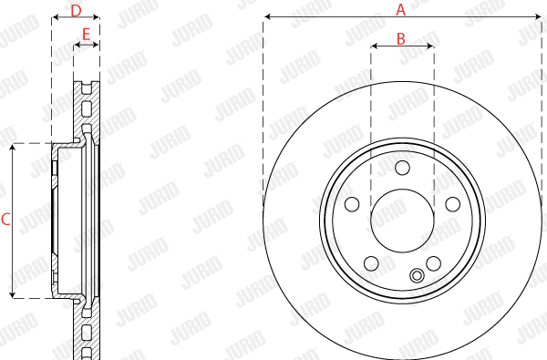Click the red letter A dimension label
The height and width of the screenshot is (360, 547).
[399, 9]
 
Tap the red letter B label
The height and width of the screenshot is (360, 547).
[400, 38]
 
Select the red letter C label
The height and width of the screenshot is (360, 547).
[5, 220]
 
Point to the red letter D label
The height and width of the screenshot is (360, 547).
[77, 10]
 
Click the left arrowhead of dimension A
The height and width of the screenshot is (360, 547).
[266, 17]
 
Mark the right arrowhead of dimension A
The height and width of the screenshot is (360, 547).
[536, 17]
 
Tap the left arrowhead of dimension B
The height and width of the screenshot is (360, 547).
[374, 46]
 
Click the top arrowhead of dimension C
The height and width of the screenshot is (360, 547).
[13, 147]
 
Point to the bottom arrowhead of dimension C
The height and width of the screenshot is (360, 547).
[13, 294]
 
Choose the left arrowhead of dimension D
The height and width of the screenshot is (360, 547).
[55, 17]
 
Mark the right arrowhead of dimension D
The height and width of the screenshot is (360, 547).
[97, 17]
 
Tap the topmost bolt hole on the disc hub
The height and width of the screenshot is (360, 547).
[402, 166]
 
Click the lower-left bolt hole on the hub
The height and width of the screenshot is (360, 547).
[371, 263]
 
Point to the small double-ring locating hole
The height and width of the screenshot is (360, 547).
[418, 276]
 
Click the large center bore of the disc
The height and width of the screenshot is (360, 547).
[402, 220]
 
